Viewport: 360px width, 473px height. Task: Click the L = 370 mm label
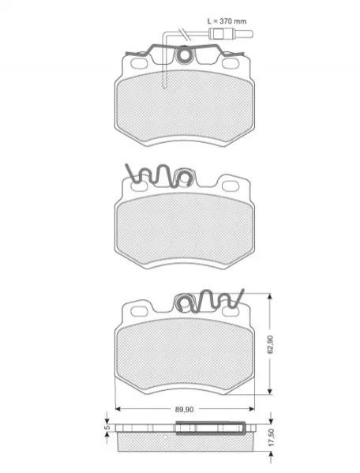tap(227, 21)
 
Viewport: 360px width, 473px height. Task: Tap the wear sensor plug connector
tap(231, 33)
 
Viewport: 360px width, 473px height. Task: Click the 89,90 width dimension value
tap(184, 409)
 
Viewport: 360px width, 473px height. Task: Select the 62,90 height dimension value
tap(270, 343)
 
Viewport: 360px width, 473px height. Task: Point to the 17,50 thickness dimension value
tap(271, 437)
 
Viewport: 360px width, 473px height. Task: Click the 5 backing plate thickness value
tap(107, 428)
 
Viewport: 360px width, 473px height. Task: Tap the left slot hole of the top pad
tap(139, 63)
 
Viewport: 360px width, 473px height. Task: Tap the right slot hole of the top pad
tap(231, 63)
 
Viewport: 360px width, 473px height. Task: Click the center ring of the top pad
tap(184, 55)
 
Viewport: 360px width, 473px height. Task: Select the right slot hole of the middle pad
tap(231, 186)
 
